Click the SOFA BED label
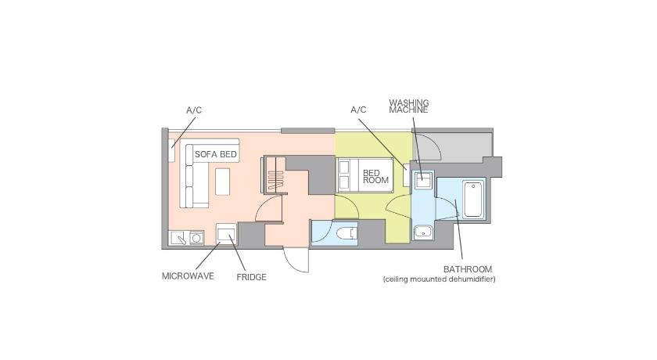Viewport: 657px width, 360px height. (215, 154)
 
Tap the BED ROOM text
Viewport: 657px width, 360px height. (375, 176)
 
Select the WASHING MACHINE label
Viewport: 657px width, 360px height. (408, 106)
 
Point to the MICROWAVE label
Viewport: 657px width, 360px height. (188, 276)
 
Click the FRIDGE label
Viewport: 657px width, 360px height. (251, 277)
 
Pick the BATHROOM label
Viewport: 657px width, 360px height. (468, 269)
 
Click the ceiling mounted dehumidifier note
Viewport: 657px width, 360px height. (439, 279)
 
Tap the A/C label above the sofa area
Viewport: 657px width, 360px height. (194, 110)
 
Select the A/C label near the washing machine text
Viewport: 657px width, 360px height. (358, 110)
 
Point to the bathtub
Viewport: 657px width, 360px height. (474, 199)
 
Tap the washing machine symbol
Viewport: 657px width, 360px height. (423, 180)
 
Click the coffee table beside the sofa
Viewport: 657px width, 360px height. (222, 182)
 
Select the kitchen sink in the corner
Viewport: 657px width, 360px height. (179, 238)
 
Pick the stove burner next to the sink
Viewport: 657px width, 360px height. (196, 238)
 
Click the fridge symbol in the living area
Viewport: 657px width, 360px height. (226, 233)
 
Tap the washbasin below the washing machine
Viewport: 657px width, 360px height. (423, 232)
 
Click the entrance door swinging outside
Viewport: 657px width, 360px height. (296, 260)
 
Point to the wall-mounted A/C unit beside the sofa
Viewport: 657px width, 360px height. (171, 150)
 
